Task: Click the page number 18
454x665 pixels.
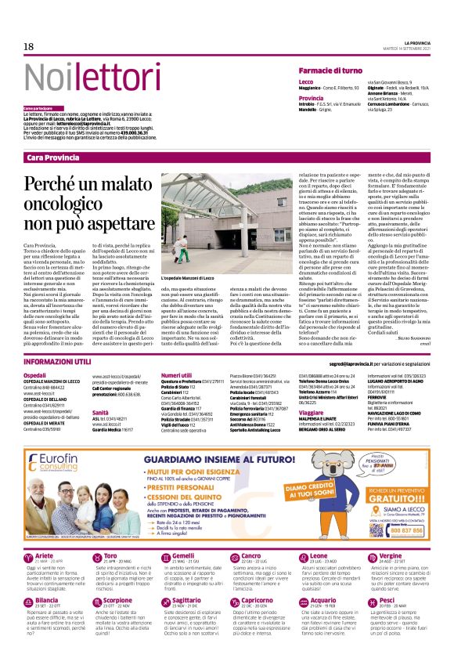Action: click(x=28, y=47)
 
